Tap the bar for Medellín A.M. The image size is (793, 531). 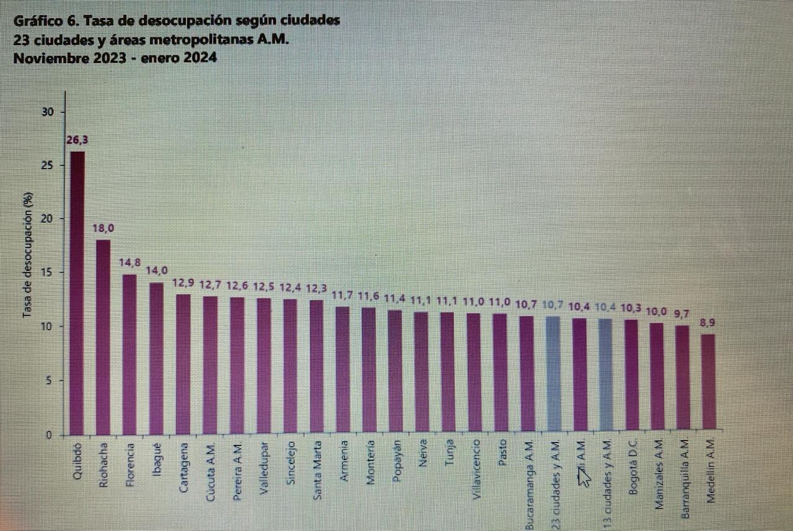[x=709, y=381]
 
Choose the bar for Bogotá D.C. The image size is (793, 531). [x=631, y=374]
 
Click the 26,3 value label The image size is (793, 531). [x=77, y=140]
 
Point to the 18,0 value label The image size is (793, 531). [x=103, y=229]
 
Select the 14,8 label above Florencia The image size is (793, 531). [x=129, y=263]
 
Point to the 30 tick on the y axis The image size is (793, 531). [x=48, y=112]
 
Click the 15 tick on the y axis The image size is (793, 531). [x=48, y=273]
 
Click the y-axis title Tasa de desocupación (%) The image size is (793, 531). [x=27, y=255]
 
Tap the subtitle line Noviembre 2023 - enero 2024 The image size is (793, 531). [x=115, y=58]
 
